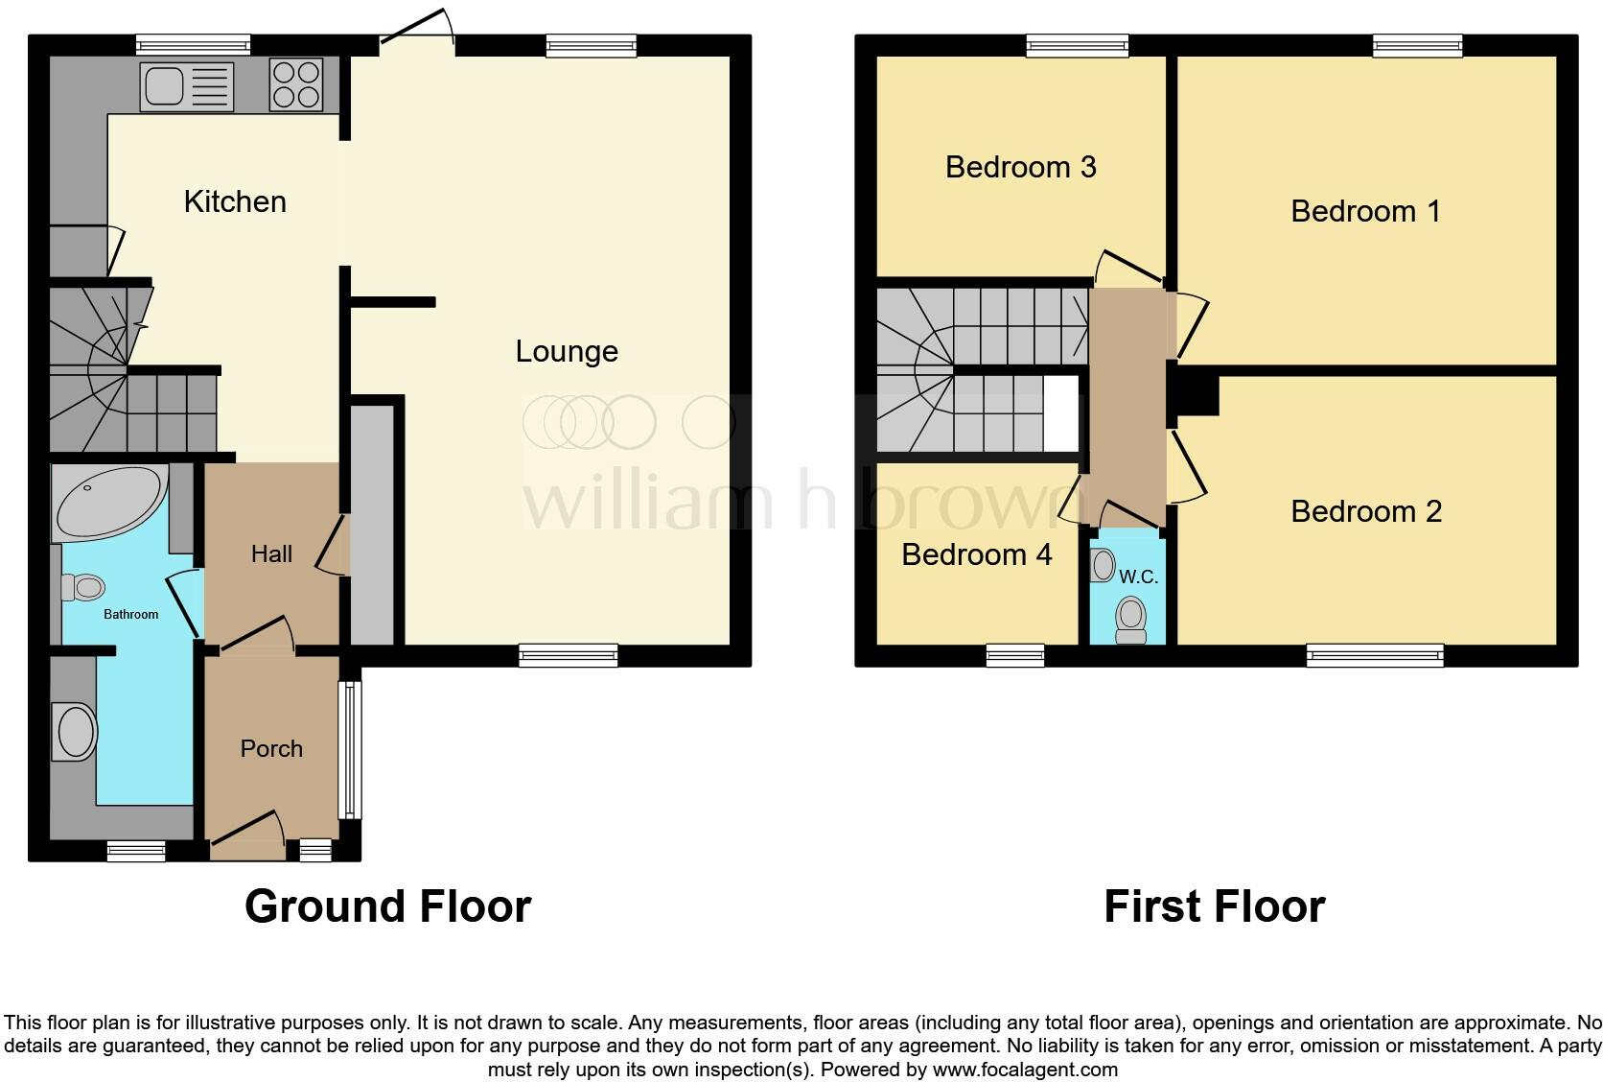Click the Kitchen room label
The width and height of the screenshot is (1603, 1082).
[235, 201]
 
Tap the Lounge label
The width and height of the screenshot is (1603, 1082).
[566, 351]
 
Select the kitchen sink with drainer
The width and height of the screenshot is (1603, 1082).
[187, 86]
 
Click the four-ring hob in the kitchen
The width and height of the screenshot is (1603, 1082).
[295, 84]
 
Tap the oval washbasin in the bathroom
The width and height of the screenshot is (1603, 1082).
[77, 732]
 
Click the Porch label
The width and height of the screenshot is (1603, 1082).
[271, 748]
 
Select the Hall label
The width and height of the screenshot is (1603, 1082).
[271, 553]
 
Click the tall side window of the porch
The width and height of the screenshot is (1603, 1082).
[351, 749]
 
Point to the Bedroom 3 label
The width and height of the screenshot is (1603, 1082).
[1020, 167]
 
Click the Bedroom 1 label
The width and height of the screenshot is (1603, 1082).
[1365, 211]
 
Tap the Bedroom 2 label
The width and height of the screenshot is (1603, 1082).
[1365, 511]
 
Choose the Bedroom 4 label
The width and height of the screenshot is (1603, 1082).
[976, 554]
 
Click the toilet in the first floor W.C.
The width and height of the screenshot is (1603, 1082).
[1131, 619]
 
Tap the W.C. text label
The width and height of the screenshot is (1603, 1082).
[1139, 576]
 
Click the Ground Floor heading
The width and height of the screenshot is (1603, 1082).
[387, 906]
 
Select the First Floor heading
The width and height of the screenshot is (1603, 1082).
[1214, 906]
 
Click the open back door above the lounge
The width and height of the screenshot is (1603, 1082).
[418, 29]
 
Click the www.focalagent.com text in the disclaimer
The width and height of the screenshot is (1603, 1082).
[1024, 1069]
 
